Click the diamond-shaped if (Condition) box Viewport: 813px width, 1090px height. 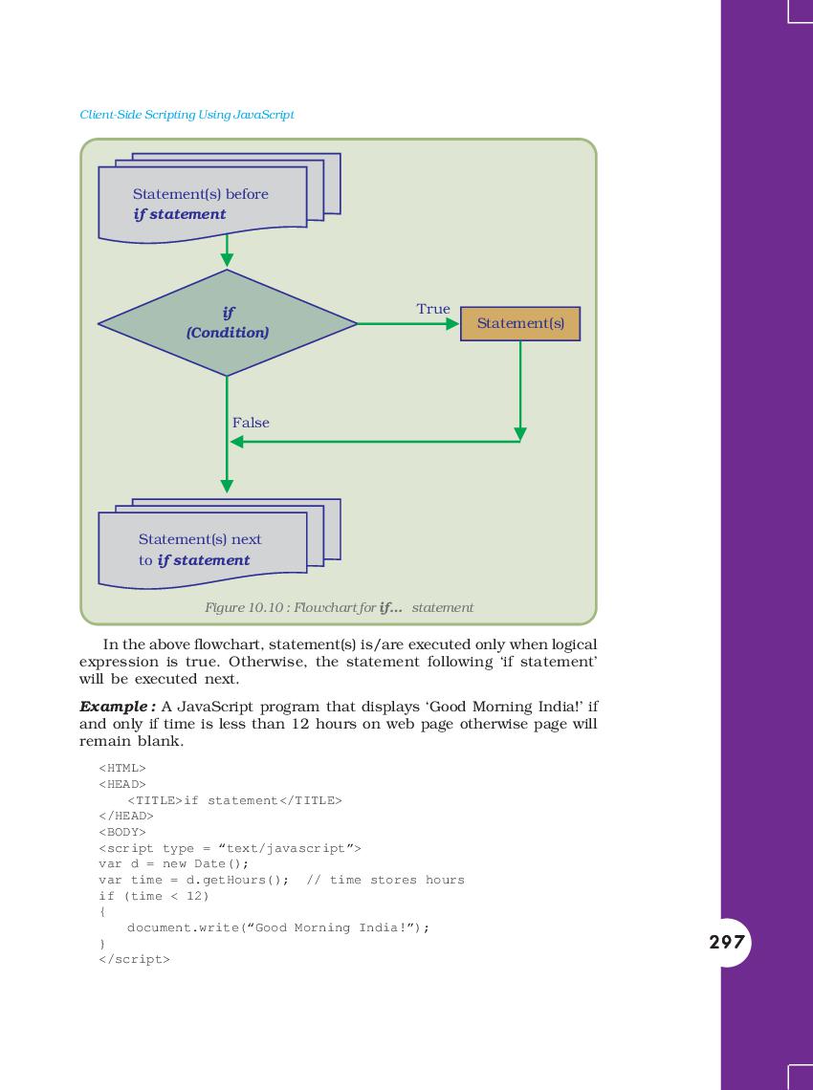coord(228,323)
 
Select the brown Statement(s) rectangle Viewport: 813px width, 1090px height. coord(520,323)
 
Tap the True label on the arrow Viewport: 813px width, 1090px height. coord(433,309)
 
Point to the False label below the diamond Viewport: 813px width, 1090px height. coord(251,423)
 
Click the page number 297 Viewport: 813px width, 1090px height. coord(727,942)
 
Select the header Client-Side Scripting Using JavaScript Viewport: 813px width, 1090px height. coord(187,115)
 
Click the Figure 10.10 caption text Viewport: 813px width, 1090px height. coord(339,607)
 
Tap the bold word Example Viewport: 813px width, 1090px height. coord(114,707)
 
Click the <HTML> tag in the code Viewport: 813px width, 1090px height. coord(122,768)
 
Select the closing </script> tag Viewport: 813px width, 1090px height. coord(134,959)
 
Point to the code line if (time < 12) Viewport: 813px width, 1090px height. coord(154,896)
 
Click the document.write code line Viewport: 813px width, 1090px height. coord(278,927)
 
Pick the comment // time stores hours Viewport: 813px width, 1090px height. coord(385,880)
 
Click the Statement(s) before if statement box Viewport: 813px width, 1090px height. coord(219,198)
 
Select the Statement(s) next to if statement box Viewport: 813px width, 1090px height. coord(219,544)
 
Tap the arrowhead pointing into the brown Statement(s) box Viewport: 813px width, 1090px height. coord(452,323)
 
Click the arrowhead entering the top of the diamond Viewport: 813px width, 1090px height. coord(227,261)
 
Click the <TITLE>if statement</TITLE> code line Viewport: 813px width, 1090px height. coord(234,800)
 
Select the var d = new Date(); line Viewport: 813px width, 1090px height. coord(174,864)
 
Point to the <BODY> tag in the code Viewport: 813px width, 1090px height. coord(122,832)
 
